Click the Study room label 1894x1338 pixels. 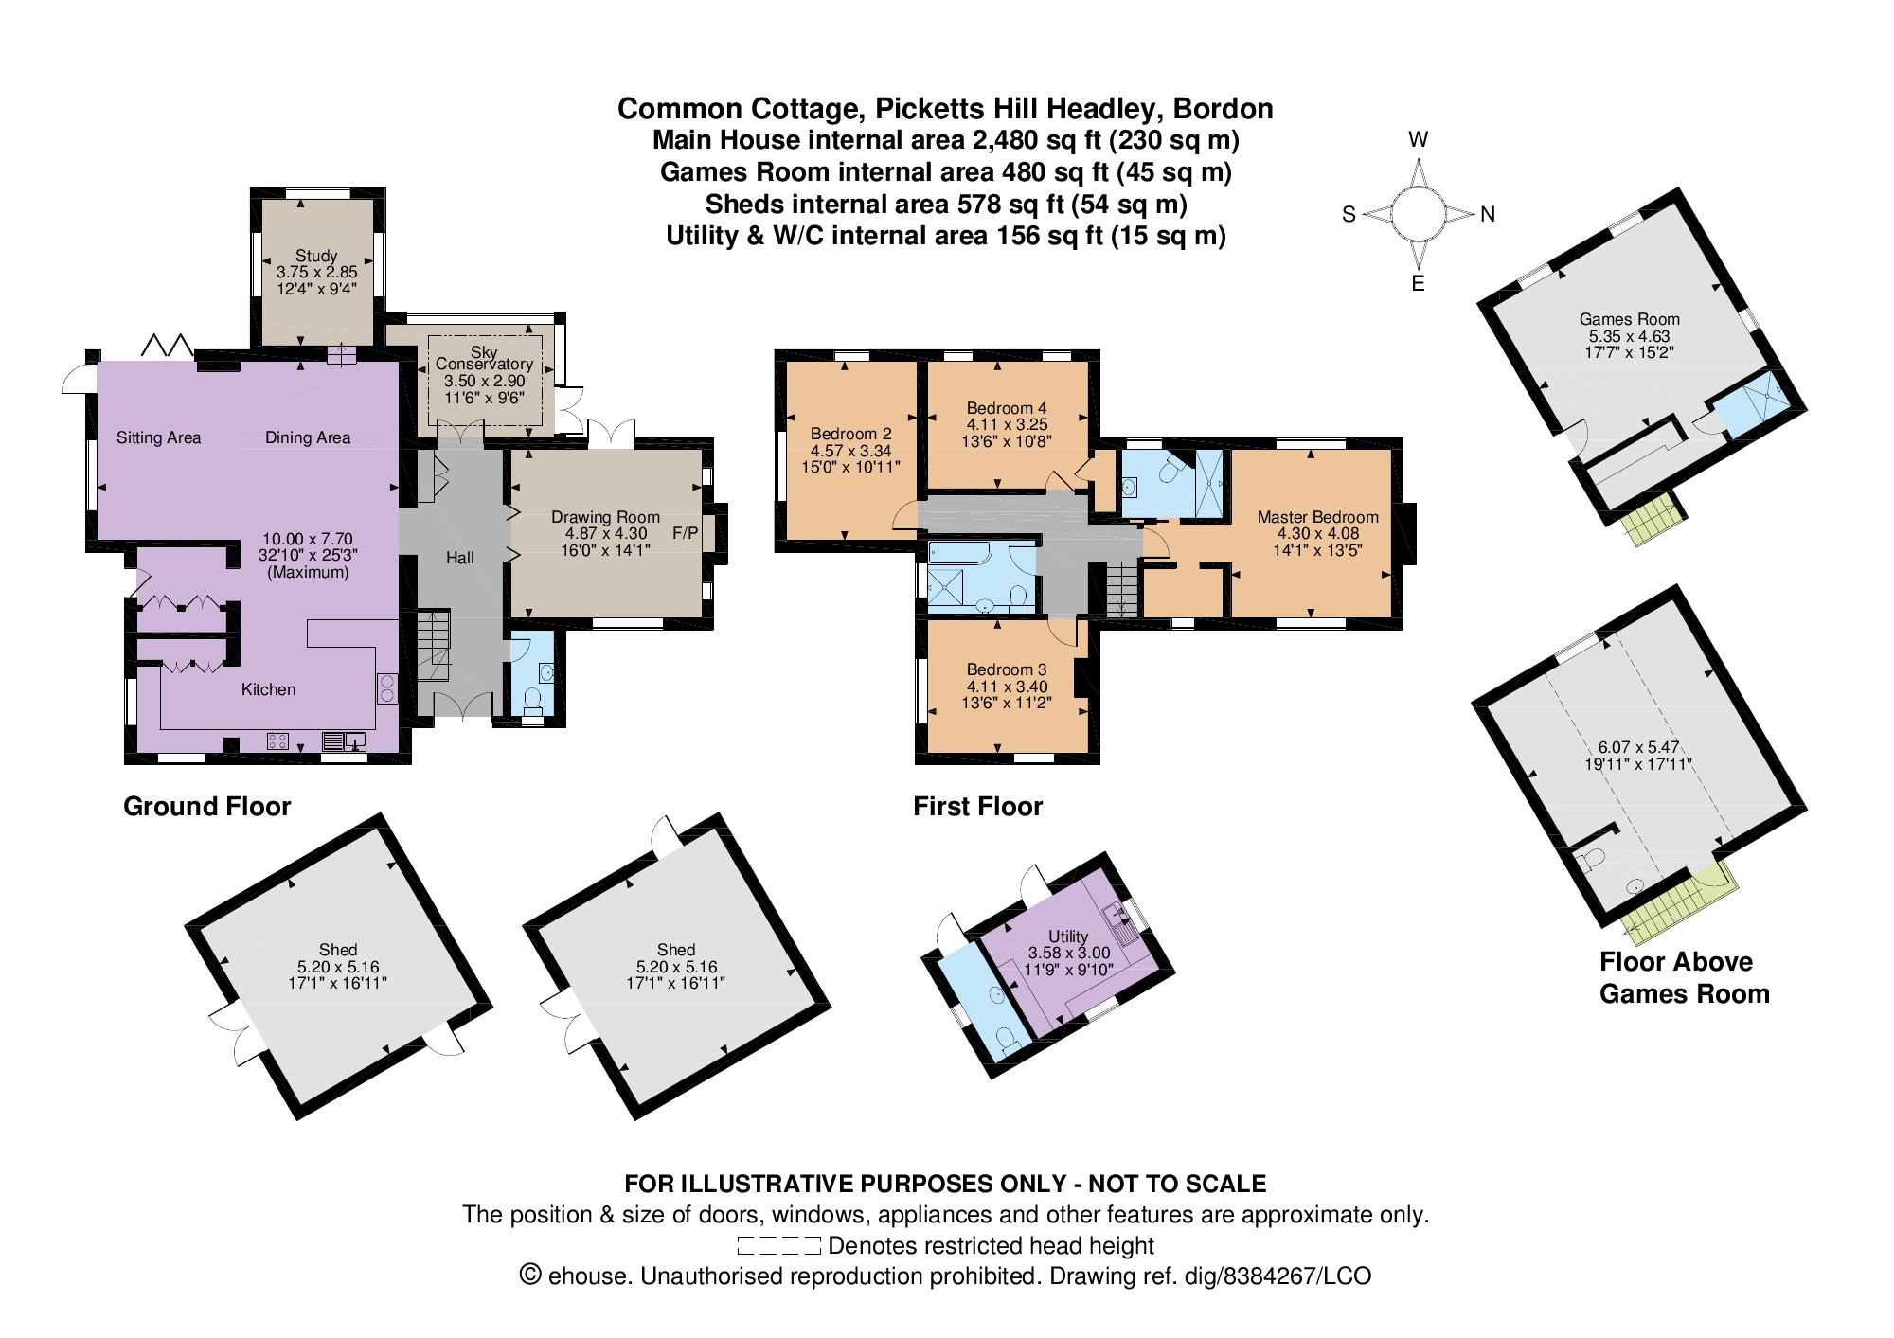click(316, 256)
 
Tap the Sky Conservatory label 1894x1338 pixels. click(484, 358)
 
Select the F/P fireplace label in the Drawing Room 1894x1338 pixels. click(686, 533)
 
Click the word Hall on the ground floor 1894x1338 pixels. click(460, 558)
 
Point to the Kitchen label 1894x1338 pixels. click(268, 689)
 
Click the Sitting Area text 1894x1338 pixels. click(159, 437)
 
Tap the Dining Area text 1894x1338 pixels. click(308, 437)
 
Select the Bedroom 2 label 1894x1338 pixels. click(850, 434)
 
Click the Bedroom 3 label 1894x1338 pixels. click(1007, 669)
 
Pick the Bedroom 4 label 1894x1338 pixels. click(1007, 408)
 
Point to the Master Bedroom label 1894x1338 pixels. click(1318, 517)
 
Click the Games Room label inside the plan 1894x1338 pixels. click(1630, 319)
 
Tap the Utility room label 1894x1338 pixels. click(1068, 937)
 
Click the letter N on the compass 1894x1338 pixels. click(1488, 214)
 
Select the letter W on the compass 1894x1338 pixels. click(1418, 140)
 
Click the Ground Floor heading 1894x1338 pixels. click(207, 806)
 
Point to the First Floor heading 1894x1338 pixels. click(977, 806)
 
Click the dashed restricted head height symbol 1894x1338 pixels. click(778, 1246)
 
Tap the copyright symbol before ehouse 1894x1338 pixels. click(530, 1276)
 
